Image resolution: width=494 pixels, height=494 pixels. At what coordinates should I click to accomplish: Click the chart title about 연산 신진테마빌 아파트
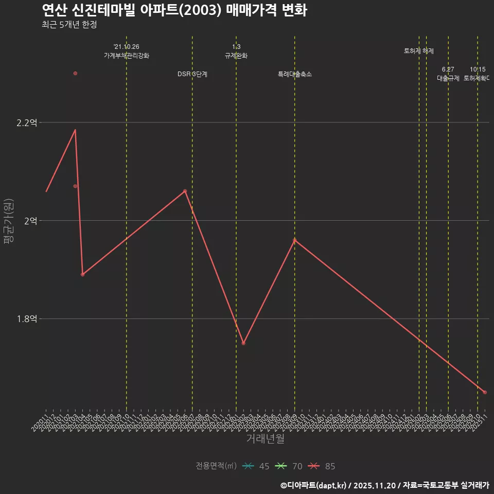click(174, 10)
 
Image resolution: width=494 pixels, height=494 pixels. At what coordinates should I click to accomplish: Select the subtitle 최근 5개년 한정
click(69, 25)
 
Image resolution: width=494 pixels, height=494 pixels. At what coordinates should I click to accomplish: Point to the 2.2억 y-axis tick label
click(27, 122)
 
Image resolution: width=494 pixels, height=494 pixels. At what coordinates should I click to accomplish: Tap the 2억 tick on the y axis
click(30, 221)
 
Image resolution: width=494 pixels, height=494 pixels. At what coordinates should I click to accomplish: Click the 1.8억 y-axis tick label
click(27, 319)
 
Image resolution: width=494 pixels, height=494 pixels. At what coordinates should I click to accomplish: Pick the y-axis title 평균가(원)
click(8, 221)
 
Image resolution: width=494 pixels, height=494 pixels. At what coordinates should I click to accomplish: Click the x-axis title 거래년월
click(266, 439)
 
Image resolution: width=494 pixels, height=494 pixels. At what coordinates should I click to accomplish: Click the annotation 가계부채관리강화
click(127, 56)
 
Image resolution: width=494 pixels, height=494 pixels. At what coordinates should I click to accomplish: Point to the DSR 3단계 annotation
click(192, 74)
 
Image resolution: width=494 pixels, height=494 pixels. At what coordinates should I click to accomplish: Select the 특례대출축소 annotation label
click(295, 74)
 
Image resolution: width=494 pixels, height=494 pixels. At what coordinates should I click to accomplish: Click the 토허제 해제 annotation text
click(419, 51)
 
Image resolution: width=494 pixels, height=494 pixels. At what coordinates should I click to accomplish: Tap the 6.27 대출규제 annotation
click(448, 74)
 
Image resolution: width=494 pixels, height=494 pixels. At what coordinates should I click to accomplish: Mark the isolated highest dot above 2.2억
click(75, 73)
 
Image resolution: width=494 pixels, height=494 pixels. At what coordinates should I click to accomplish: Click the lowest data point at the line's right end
click(485, 392)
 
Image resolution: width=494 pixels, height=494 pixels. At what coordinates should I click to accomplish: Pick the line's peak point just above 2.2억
click(75, 130)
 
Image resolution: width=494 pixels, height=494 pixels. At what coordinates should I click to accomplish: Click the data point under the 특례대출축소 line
click(295, 240)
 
